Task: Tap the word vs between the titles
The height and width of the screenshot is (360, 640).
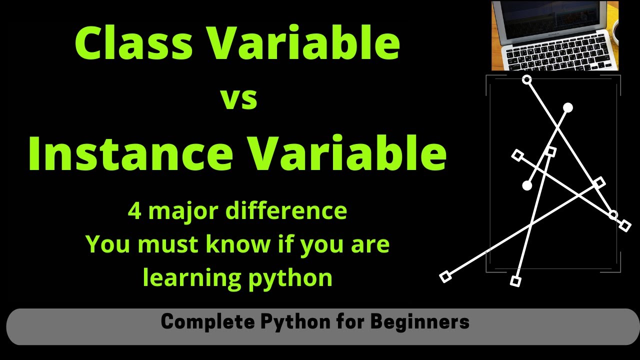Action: coord(239,98)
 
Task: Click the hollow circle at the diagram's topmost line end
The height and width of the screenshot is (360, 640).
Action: coord(526,79)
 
